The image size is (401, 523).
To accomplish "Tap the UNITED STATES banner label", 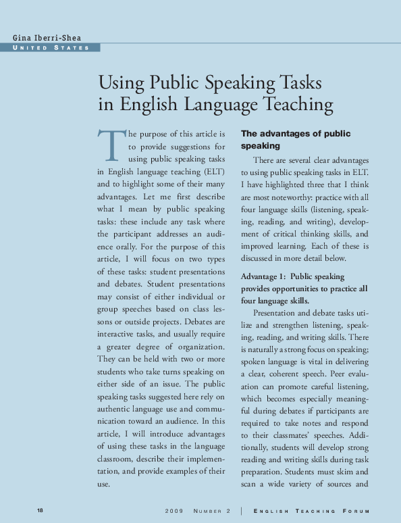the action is pyautogui.click(x=51, y=48).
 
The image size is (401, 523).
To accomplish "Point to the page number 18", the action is pyautogui.click(x=41, y=509).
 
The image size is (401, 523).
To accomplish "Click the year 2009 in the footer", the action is pyautogui.click(x=174, y=510).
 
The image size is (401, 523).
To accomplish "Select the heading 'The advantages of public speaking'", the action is pyautogui.click(x=296, y=139).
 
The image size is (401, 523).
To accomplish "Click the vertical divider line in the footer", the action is pyautogui.click(x=241, y=510).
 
